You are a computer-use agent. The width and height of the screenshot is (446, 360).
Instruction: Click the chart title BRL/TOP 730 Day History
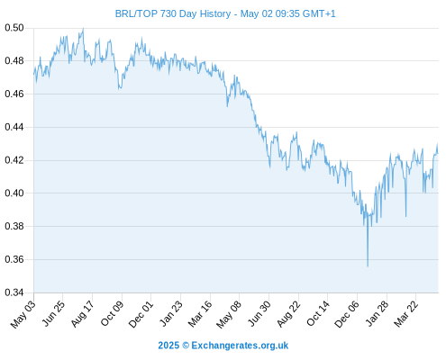tap(173, 13)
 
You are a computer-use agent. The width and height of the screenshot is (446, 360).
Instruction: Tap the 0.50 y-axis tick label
tap(14, 28)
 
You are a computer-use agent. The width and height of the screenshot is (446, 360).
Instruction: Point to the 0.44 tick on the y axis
tap(14, 127)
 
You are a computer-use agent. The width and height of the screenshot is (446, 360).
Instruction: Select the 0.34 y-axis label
tap(14, 292)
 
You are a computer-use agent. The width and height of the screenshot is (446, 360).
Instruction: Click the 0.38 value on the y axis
tap(14, 226)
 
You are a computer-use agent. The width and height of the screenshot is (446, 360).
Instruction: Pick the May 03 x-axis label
tap(23, 314)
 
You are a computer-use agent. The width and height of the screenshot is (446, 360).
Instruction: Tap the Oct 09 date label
tap(112, 313)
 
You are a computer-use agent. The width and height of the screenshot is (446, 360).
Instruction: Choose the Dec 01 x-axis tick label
tap(141, 314)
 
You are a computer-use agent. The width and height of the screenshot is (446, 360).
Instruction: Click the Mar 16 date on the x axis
tap(200, 314)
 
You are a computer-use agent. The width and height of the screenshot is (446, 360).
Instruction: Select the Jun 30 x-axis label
tap(259, 313)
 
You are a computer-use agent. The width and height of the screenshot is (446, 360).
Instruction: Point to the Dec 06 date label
tap(347, 314)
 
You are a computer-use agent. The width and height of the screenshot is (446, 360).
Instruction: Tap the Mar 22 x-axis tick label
tap(405, 314)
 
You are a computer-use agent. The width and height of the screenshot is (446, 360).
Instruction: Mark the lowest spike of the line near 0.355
tap(368, 266)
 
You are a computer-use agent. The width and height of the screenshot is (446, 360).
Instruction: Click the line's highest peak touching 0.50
tap(83, 29)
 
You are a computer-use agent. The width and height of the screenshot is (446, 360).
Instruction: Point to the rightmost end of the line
tap(438, 153)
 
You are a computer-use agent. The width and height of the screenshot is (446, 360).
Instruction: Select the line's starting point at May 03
tap(34, 74)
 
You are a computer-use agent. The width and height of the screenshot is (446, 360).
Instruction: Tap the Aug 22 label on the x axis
tap(288, 314)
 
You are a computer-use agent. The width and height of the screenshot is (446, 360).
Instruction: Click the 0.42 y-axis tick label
tap(14, 160)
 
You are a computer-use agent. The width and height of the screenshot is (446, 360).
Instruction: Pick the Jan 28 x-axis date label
tap(377, 313)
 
